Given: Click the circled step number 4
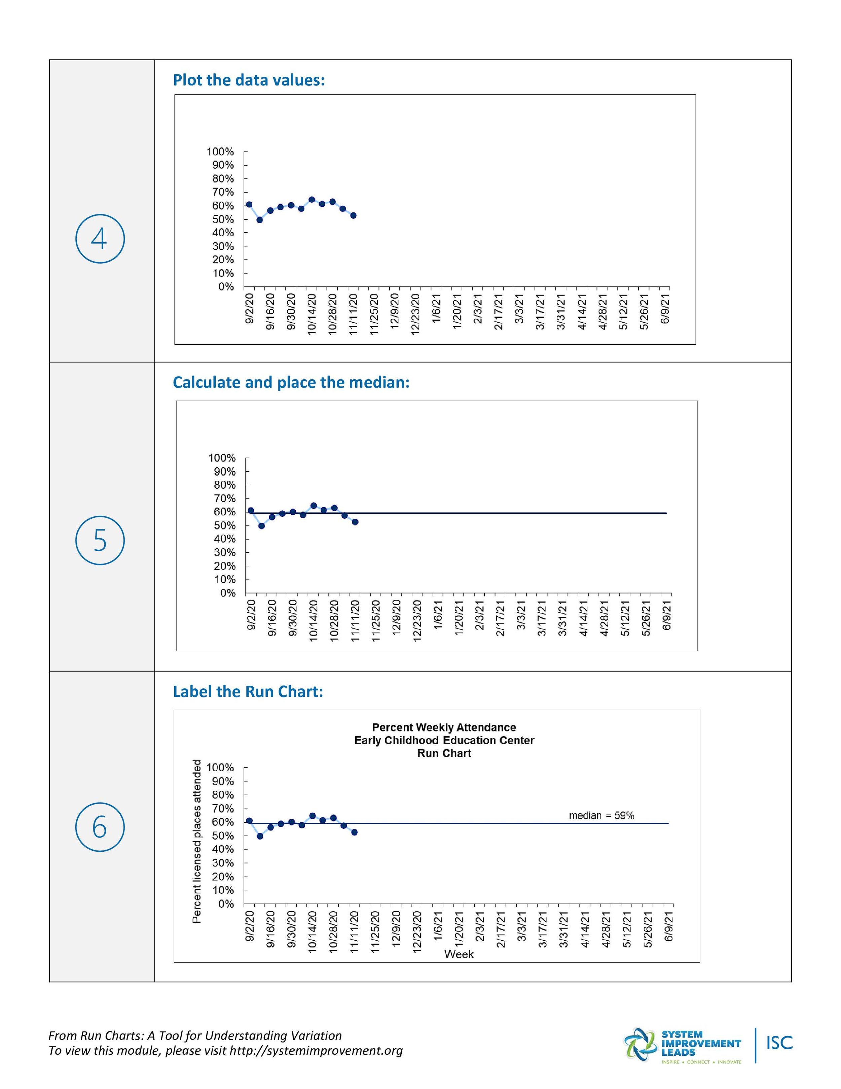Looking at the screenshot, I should (100, 239).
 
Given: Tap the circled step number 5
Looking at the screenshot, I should (100, 541).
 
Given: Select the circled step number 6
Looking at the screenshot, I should (100, 827).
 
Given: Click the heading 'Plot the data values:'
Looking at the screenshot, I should (249, 80).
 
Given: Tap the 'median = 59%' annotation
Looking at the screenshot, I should (601, 816).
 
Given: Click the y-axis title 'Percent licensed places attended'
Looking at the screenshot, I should (197, 841).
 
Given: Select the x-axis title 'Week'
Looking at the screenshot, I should (459, 954).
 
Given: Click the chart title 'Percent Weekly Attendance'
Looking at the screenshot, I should (444, 727).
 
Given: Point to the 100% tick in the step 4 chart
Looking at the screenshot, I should (220, 151).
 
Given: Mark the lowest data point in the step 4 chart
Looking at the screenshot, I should (260, 220).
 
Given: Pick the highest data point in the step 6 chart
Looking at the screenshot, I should (313, 816).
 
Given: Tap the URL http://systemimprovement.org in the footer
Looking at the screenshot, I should (316, 1051).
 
